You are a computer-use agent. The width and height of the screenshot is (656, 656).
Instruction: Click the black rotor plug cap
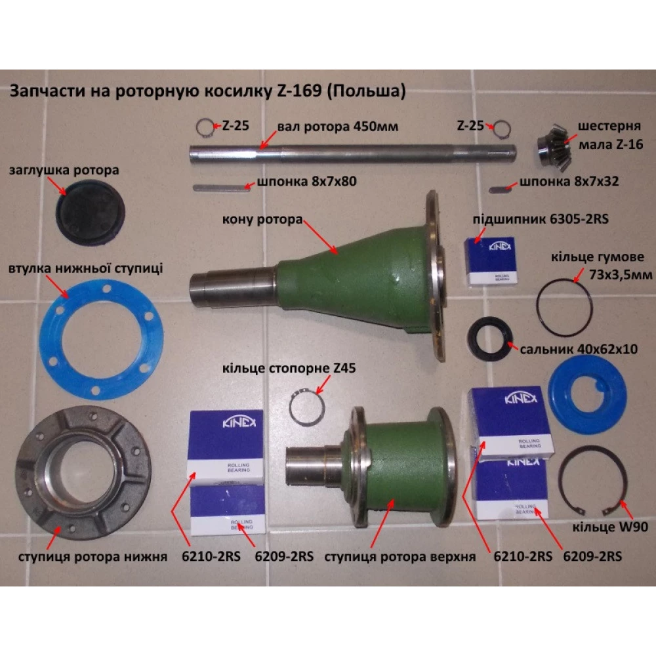coord(90,213)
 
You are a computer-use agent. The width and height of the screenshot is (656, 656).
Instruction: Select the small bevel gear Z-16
coord(553,147)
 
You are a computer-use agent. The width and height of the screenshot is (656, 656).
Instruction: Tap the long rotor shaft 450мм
coord(352,153)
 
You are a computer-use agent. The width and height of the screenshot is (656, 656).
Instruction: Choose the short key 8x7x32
coord(501,190)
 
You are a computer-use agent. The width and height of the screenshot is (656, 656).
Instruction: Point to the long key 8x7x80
coord(222,188)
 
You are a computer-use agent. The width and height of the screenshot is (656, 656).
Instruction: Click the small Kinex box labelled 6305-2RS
coord(491,261)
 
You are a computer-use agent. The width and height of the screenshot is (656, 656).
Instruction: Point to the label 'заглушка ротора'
coord(64,171)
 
